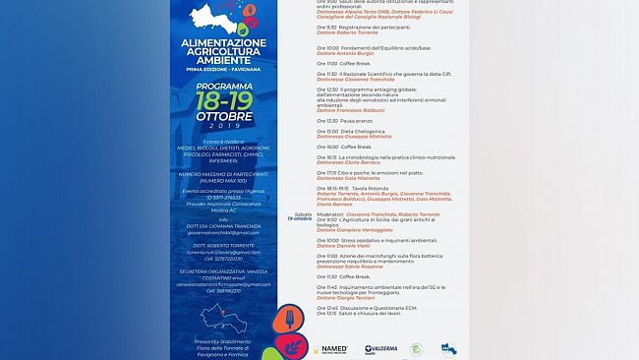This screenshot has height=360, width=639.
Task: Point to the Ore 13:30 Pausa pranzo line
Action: pos(343,120)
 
